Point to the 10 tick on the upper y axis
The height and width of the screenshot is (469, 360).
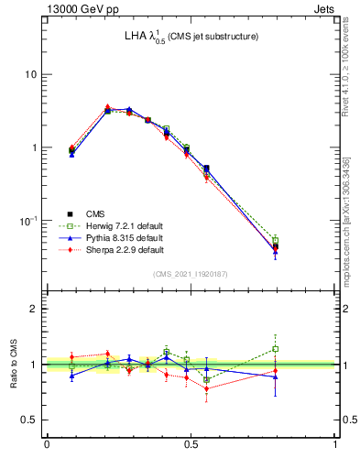tap(31, 74)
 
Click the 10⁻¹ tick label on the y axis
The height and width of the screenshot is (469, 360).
tap(29, 221)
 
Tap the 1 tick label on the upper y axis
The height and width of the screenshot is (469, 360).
tap(35, 147)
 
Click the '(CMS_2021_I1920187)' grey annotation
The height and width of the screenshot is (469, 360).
tap(191, 274)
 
